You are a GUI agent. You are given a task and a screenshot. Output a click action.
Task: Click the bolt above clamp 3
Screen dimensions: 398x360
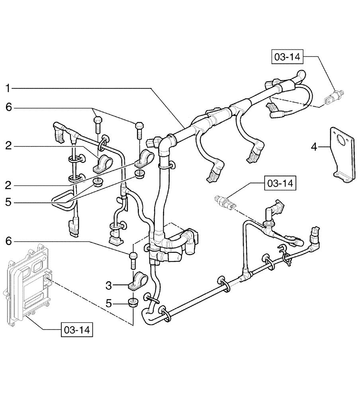click(133, 259)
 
